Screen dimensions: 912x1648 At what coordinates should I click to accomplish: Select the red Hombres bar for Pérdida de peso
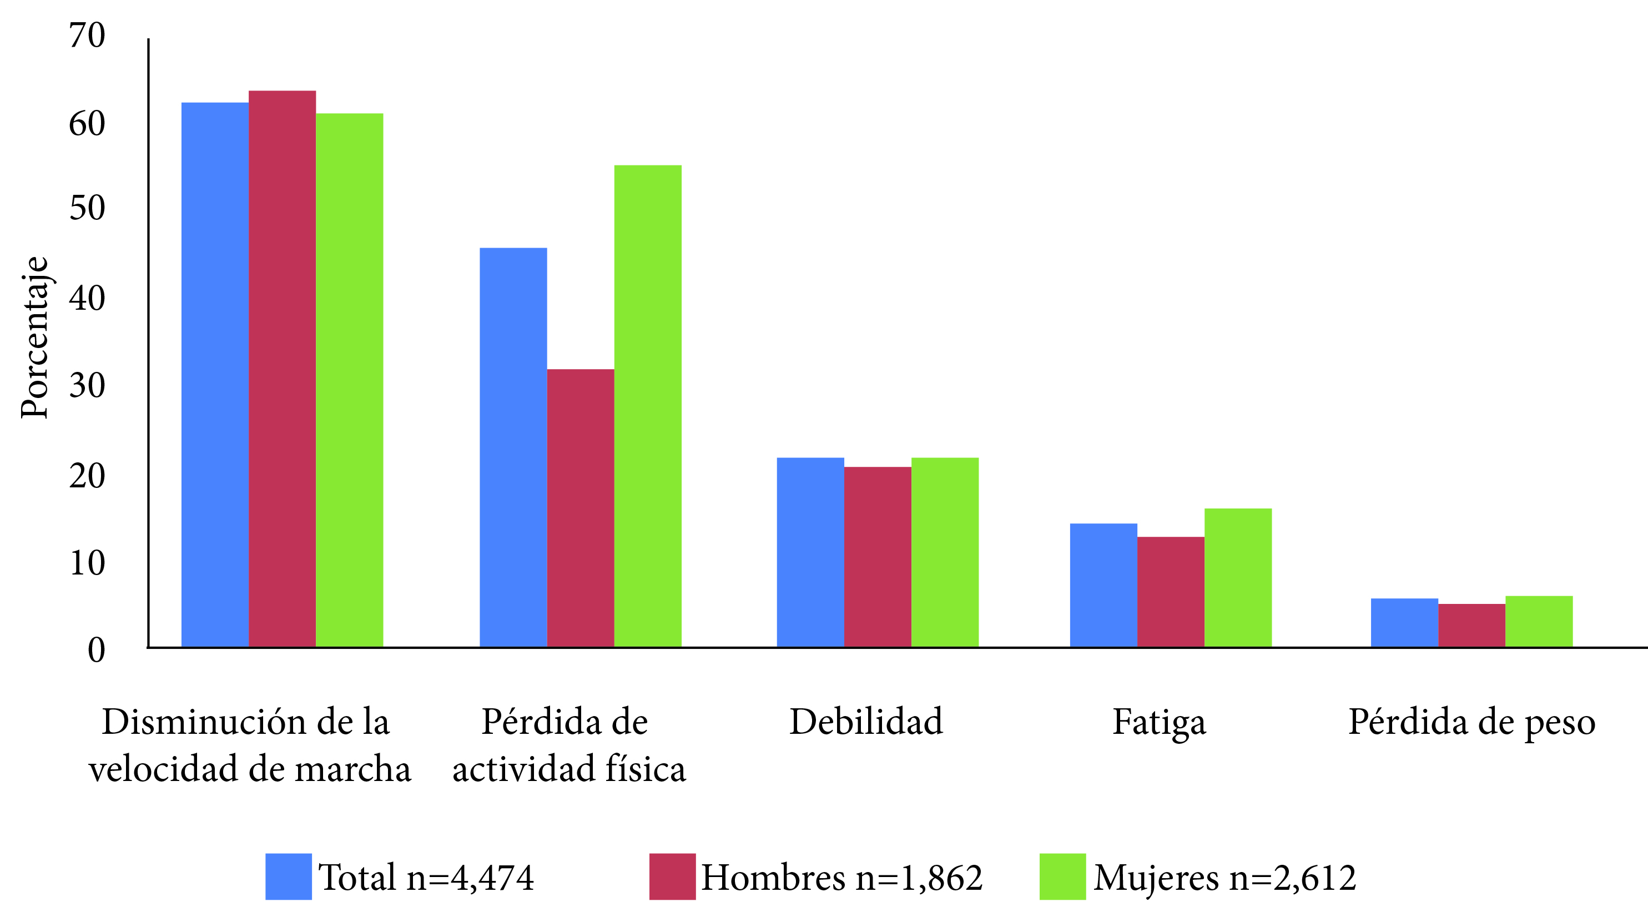[1471, 625]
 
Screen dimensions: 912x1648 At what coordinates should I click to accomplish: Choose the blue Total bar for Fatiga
[1103, 585]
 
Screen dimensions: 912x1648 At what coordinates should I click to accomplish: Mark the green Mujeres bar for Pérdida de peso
[1539, 621]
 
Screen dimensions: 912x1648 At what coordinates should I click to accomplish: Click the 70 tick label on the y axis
[87, 36]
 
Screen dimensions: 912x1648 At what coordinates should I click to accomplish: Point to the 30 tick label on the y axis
[87, 386]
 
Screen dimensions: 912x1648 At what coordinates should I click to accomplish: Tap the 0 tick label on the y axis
[96, 651]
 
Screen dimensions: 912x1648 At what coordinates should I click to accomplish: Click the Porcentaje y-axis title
[34, 337]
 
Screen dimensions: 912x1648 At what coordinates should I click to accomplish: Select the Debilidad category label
[866, 722]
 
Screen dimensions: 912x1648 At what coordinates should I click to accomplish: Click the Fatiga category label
[1159, 723]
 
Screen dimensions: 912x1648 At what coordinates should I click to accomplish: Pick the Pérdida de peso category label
[1471, 723]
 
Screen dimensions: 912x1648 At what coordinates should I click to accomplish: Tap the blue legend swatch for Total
[289, 876]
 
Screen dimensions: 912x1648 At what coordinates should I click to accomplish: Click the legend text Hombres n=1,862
[842, 878]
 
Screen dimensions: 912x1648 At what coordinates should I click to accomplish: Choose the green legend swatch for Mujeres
[1062, 876]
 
